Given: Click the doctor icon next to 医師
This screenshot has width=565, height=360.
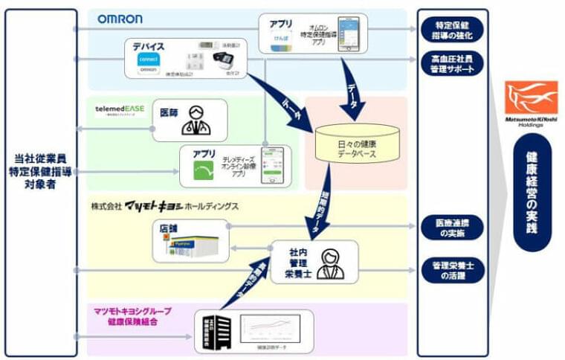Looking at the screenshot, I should (196, 119).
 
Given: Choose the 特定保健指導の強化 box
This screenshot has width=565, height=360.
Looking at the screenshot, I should (451, 30).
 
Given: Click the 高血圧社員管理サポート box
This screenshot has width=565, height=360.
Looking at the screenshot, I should (451, 63).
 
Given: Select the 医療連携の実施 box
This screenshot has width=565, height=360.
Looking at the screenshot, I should (451, 228).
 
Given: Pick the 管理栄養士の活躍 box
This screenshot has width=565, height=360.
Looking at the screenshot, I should (451, 269).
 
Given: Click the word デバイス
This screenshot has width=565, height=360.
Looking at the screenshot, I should (149, 46).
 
